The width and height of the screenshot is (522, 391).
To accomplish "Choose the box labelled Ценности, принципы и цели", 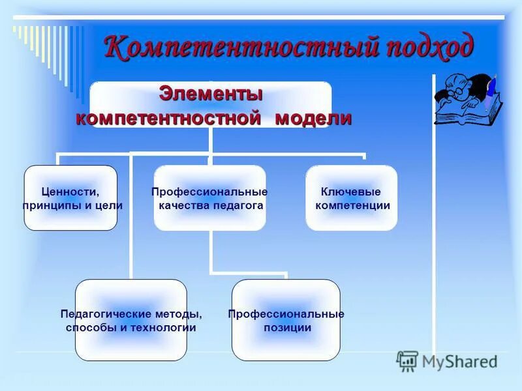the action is coord(70,198).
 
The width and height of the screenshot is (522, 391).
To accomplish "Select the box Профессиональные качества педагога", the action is coord(210,198).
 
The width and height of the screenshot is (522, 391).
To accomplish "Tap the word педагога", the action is coord(237,205).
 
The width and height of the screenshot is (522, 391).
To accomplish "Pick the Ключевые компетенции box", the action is coord(351,198).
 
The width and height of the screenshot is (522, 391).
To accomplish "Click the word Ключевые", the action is coord(351,192).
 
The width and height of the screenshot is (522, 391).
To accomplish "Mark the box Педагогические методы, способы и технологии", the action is coord(130,320).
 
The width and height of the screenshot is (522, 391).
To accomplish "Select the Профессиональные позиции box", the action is coord(286,320).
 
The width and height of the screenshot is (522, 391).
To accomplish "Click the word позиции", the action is coord(287,328).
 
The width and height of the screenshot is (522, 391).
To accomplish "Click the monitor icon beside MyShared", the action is coord(407,361).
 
